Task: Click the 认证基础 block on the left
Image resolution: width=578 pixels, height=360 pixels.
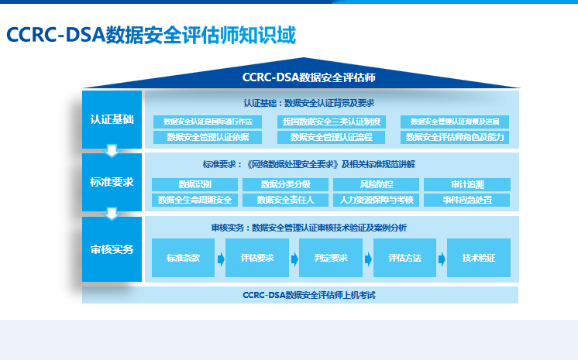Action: [x=112, y=119]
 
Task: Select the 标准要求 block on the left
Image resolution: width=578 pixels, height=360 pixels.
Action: [x=112, y=182]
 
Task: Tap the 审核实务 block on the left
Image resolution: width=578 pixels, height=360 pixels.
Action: [x=112, y=249]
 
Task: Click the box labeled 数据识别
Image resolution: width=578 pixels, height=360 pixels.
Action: [x=194, y=184]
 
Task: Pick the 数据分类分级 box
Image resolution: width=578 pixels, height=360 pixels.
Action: [x=285, y=184]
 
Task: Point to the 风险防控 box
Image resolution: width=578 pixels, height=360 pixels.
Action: [x=376, y=184]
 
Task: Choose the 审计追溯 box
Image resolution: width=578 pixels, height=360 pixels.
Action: [x=466, y=184]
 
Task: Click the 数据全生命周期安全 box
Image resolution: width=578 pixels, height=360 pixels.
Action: [x=194, y=201]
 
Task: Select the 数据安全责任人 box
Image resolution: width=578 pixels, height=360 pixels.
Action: [x=285, y=201]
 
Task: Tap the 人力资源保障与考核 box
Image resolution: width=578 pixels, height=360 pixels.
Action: [x=376, y=201]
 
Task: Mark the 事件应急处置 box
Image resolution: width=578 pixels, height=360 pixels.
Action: [x=466, y=201]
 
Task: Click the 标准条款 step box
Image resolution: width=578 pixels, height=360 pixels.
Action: [x=183, y=258]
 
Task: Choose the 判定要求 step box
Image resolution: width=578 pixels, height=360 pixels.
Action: [x=331, y=258]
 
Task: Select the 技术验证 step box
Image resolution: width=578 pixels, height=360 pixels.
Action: [x=478, y=258]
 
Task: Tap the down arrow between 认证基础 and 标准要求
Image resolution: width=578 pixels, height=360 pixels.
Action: [x=112, y=150]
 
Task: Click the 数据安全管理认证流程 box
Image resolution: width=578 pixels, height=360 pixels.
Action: [x=331, y=137]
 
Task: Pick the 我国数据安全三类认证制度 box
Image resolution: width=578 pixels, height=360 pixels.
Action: [x=331, y=122]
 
